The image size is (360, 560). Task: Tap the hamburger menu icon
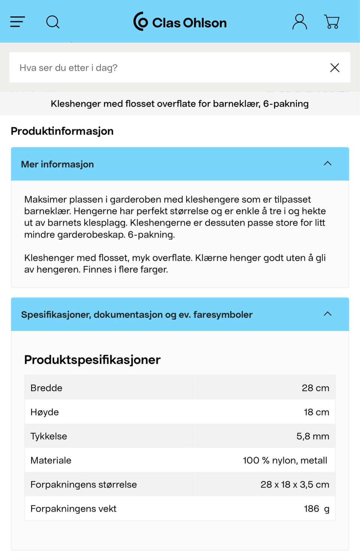click(x=17, y=22)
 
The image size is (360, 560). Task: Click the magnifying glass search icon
click(x=53, y=22)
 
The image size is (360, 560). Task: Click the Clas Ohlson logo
click(x=180, y=22)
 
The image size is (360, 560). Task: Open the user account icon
click(x=300, y=22)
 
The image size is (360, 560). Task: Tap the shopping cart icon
click(x=332, y=22)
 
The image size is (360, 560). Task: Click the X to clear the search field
click(x=334, y=67)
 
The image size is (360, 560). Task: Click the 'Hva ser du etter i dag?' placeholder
click(x=69, y=68)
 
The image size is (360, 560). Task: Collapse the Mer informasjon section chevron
click(x=328, y=163)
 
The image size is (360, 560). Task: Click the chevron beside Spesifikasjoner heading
click(x=328, y=314)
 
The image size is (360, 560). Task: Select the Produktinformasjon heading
click(x=62, y=131)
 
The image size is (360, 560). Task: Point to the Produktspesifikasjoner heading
click(x=92, y=360)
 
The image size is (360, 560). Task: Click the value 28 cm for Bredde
click(x=315, y=388)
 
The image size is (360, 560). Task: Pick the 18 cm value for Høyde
click(x=316, y=412)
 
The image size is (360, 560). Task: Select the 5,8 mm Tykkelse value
click(x=313, y=436)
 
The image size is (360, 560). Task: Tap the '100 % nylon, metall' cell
click(x=285, y=460)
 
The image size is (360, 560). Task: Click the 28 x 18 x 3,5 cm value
click(x=295, y=485)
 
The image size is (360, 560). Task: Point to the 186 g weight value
click(x=316, y=509)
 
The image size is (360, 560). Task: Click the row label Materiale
click(x=51, y=460)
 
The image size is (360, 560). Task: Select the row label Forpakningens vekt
click(x=73, y=509)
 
